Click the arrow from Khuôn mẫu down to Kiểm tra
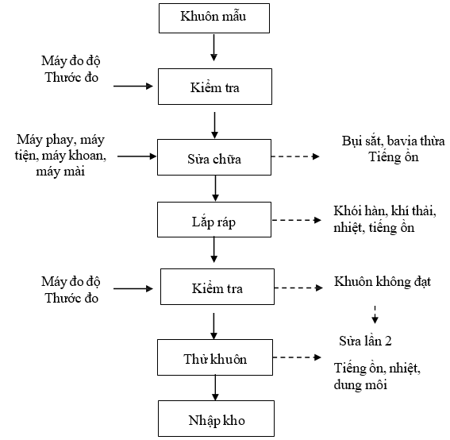pos(213,48)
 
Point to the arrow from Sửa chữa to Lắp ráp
pos(215,188)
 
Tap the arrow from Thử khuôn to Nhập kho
pos(215,388)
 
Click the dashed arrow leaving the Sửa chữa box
pos(295,156)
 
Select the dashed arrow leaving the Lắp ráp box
pos(296,220)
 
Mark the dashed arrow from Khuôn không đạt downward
pos(375,315)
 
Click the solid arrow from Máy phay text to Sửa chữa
pos(137,156)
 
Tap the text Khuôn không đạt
pos(383,282)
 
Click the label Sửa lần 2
pos(365,342)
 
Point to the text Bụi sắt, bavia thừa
pos(393,141)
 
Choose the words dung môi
pos(360,384)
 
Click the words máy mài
pos(60,172)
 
